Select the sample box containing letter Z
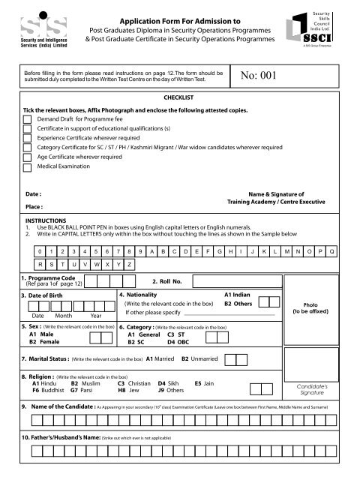click(130, 264)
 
